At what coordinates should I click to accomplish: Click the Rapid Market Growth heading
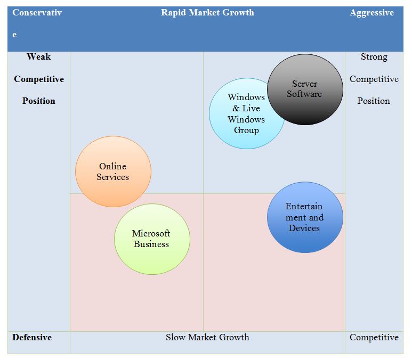click(x=207, y=13)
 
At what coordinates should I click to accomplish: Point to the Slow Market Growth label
click(x=207, y=337)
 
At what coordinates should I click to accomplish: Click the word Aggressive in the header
click(x=371, y=13)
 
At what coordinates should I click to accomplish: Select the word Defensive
click(x=32, y=337)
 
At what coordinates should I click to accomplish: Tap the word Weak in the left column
click(x=39, y=56)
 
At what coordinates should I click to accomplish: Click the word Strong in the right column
click(x=374, y=56)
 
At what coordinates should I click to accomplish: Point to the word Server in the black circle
click(x=304, y=84)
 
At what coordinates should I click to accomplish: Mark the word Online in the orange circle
click(x=112, y=166)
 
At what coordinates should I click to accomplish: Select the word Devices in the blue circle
click(x=304, y=228)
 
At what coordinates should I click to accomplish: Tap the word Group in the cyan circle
click(x=246, y=130)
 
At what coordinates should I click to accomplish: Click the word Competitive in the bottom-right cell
click(x=374, y=337)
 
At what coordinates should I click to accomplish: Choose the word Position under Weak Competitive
click(x=39, y=101)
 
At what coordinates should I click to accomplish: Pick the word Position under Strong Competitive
click(x=374, y=101)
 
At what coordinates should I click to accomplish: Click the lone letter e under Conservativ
click(x=14, y=35)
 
